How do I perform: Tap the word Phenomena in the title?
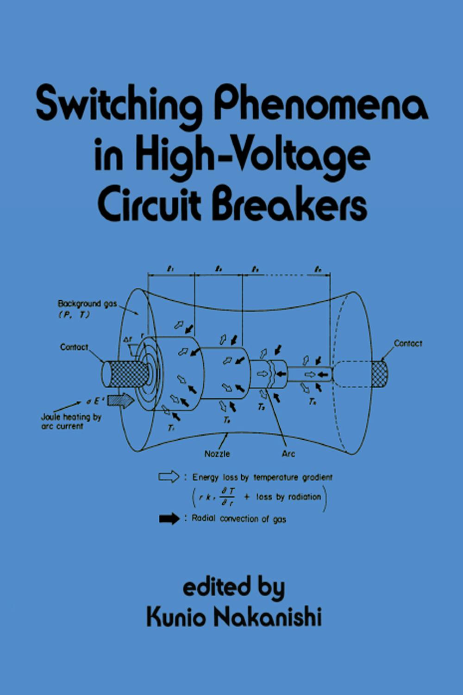click(x=320, y=105)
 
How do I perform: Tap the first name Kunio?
click(x=176, y=618)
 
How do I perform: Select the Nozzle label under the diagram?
click(x=217, y=454)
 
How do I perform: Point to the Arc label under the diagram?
click(x=288, y=454)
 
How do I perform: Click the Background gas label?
click(x=87, y=304)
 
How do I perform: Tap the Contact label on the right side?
click(x=408, y=343)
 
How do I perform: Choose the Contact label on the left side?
click(x=74, y=347)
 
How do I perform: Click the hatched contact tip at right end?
click(x=380, y=374)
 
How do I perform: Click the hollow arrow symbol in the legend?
click(x=169, y=477)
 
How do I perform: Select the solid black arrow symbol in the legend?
click(x=169, y=519)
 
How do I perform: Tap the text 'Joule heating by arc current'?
click(x=70, y=421)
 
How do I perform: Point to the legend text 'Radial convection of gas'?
click(x=239, y=519)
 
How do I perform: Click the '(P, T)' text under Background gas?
click(x=74, y=315)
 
